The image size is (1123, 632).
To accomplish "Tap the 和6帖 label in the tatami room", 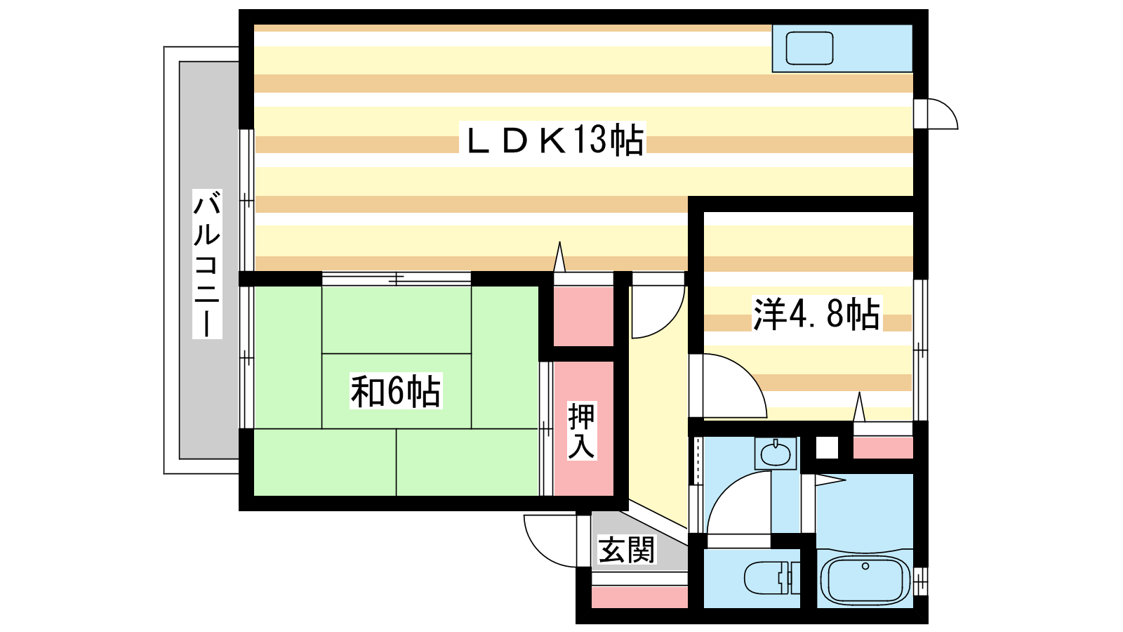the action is [396, 391].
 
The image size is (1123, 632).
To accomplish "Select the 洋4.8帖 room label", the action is [817, 314].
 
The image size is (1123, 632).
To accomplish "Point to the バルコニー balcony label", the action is [207, 264].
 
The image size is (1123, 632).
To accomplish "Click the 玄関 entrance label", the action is [627, 550].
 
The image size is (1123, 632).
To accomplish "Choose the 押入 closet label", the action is [582, 431].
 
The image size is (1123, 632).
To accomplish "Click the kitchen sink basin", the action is [809, 48].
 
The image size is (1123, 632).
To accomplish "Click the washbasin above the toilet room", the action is [775, 454].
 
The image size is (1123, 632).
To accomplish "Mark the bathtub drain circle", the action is [865, 566].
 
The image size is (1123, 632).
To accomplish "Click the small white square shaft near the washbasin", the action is [827, 448].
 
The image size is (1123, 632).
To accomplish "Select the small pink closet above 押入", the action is [583, 316].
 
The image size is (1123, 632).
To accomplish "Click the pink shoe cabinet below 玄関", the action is [639, 598].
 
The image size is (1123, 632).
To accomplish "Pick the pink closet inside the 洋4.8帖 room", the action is [883, 447].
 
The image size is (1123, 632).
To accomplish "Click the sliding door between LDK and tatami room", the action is [396, 278].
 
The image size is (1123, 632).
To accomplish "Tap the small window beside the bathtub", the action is [920, 581].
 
